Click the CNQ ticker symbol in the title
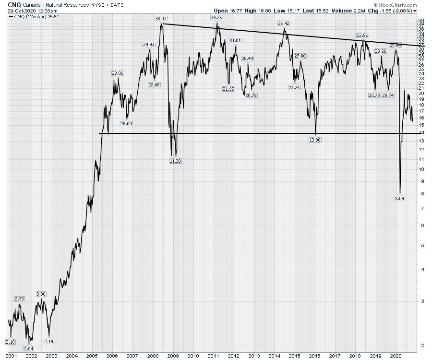point(14,4)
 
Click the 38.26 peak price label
point(216,18)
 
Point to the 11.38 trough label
point(175,161)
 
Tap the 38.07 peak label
point(160,19)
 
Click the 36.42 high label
point(284,23)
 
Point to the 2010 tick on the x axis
point(193,356)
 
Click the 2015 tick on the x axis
point(294,356)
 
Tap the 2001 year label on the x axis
point(12,356)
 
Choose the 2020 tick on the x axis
point(396,356)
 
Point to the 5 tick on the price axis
point(421,245)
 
